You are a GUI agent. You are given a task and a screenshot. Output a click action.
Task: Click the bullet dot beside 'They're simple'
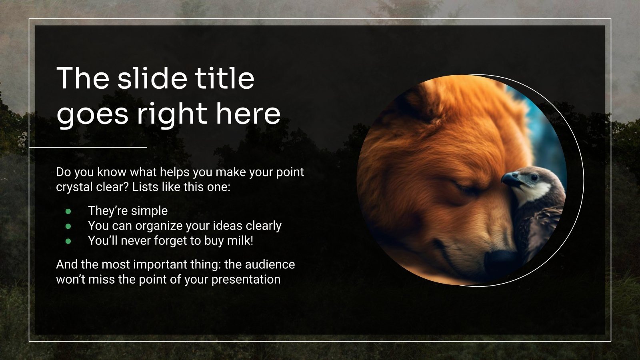tap(68, 211)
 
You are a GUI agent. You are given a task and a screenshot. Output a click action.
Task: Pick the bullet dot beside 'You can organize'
tap(68, 226)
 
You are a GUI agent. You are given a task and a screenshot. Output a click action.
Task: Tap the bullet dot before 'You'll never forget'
tap(68, 241)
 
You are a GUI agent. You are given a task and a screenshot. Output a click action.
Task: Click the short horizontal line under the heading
tap(88, 147)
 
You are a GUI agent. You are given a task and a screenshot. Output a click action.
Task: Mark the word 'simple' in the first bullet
tap(148, 211)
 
